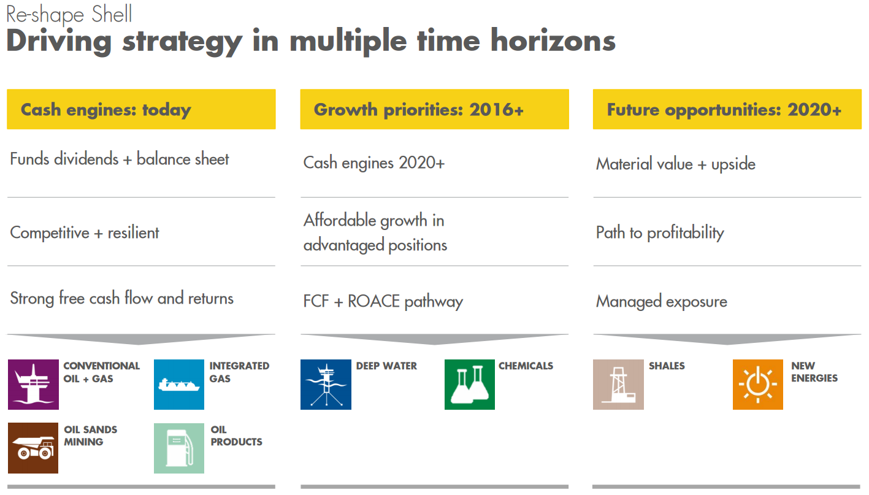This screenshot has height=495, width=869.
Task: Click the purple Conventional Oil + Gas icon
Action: pos(33,385)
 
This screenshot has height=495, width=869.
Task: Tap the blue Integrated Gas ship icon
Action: pos(179,385)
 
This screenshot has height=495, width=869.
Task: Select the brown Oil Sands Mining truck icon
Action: pos(33,448)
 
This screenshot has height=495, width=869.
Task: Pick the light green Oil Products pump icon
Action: pos(179,448)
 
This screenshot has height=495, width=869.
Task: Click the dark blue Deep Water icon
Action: pos(326,385)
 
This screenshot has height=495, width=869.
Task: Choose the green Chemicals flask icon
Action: pos(469,385)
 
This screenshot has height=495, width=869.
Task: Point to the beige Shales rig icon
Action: pos(618,385)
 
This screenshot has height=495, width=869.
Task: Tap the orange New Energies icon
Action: pos(757,385)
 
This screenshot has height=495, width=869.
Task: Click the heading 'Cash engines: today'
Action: pos(105,110)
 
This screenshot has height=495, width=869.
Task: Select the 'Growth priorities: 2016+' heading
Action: pos(419,110)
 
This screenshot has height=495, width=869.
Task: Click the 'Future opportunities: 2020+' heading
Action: pos(724,110)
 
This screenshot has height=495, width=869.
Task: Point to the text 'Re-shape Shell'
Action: pos(69,14)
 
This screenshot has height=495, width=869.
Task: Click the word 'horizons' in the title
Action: pos(553,41)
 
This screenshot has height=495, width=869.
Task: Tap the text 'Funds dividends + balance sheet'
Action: pos(120,159)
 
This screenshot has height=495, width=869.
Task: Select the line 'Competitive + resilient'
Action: pos(85,233)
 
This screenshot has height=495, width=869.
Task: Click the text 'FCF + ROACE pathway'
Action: pos(383,302)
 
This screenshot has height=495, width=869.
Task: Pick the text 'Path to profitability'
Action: pos(660,233)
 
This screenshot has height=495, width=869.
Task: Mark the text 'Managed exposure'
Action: pos(661,302)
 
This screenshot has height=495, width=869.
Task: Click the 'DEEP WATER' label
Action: pos(386,366)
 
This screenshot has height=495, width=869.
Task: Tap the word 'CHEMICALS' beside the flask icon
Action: pos(526,366)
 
